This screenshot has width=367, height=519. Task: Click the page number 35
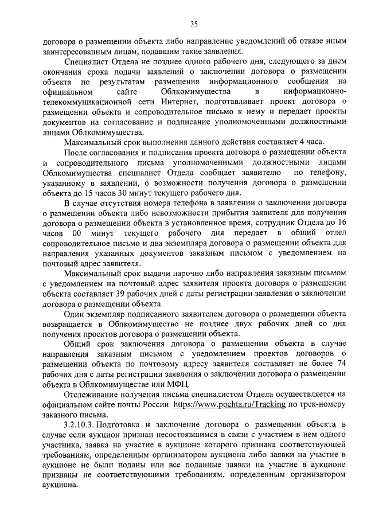coord(194,24)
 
